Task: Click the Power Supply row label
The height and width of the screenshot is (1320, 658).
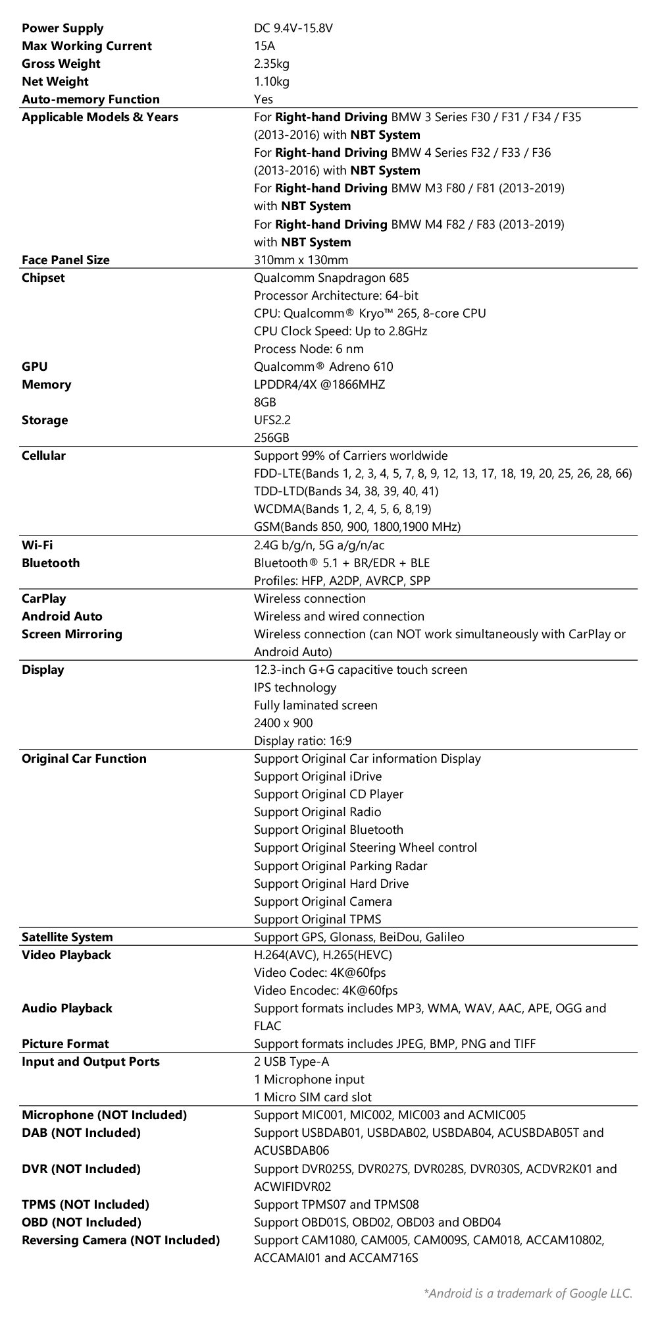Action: click(63, 28)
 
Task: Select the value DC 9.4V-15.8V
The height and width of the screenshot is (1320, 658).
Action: click(293, 28)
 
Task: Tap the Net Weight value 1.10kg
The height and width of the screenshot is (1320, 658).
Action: click(271, 82)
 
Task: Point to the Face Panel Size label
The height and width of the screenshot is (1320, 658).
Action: click(66, 260)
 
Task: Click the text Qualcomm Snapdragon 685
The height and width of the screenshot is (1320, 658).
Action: click(331, 278)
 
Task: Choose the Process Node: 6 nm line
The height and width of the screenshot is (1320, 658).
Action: click(309, 349)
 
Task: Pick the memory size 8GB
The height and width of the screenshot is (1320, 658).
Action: click(265, 402)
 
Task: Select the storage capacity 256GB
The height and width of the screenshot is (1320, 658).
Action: click(272, 438)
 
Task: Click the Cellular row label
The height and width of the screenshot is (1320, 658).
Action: click(43, 456)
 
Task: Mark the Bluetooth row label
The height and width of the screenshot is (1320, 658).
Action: click(51, 563)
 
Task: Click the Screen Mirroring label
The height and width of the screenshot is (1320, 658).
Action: click(72, 634)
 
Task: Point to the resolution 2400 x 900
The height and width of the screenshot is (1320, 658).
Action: click(283, 723)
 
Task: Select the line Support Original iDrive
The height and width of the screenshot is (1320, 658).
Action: click(318, 777)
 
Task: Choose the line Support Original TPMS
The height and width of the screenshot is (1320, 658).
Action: click(317, 920)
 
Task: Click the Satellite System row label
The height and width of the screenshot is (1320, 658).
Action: click(67, 937)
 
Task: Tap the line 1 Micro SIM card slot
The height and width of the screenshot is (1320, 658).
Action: click(313, 1097)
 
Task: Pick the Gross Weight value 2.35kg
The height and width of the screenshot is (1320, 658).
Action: click(271, 64)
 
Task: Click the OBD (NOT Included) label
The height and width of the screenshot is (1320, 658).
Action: click(82, 1223)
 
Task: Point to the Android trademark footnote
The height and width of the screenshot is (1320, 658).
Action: click(528, 1294)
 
